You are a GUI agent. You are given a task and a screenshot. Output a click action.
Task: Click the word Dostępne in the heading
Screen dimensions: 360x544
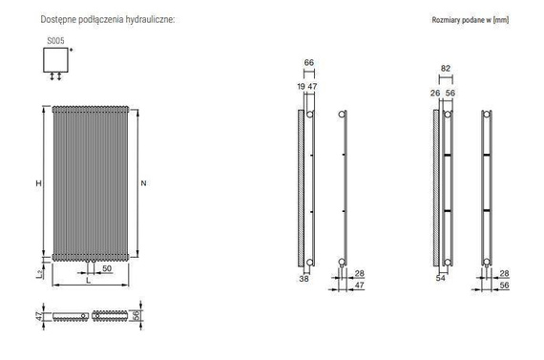pyautogui.click(x=53, y=19)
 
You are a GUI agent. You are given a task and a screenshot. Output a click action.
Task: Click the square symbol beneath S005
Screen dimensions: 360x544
pyautogui.click(x=54, y=60)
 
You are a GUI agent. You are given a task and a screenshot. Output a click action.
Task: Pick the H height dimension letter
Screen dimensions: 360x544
pyautogui.click(x=39, y=183)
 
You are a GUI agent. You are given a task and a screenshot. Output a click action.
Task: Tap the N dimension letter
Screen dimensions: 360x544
pyautogui.click(x=143, y=183)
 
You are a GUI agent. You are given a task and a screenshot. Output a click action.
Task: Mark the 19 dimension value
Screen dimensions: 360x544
pyautogui.click(x=301, y=86)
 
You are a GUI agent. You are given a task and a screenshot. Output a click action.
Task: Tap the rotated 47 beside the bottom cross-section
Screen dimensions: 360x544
pyautogui.click(x=39, y=315)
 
